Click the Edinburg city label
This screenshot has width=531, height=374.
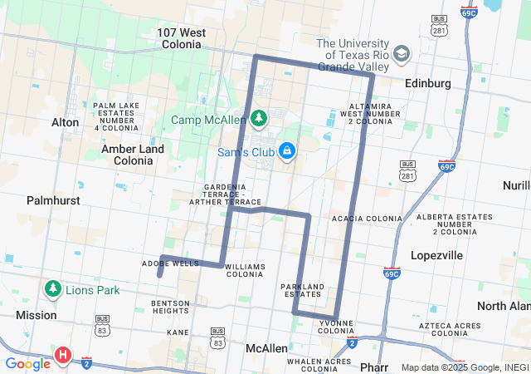point(427,84)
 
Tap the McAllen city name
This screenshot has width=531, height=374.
point(266,348)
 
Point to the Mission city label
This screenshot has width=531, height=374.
point(37,315)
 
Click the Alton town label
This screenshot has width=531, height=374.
point(66,122)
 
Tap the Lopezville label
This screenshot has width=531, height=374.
point(436,255)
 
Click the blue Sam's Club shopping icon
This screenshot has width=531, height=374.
point(287,151)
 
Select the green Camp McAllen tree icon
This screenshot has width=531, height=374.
point(259,120)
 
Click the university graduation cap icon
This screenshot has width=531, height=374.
point(402,53)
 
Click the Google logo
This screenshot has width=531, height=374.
point(27,364)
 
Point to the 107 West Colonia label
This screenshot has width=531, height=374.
point(182,39)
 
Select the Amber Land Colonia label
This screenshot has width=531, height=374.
point(133,154)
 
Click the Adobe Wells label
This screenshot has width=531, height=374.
point(170,263)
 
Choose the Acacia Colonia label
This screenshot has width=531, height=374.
point(367,219)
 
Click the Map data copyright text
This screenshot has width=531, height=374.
point(465,367)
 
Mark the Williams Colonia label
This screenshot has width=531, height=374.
point(245,270)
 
